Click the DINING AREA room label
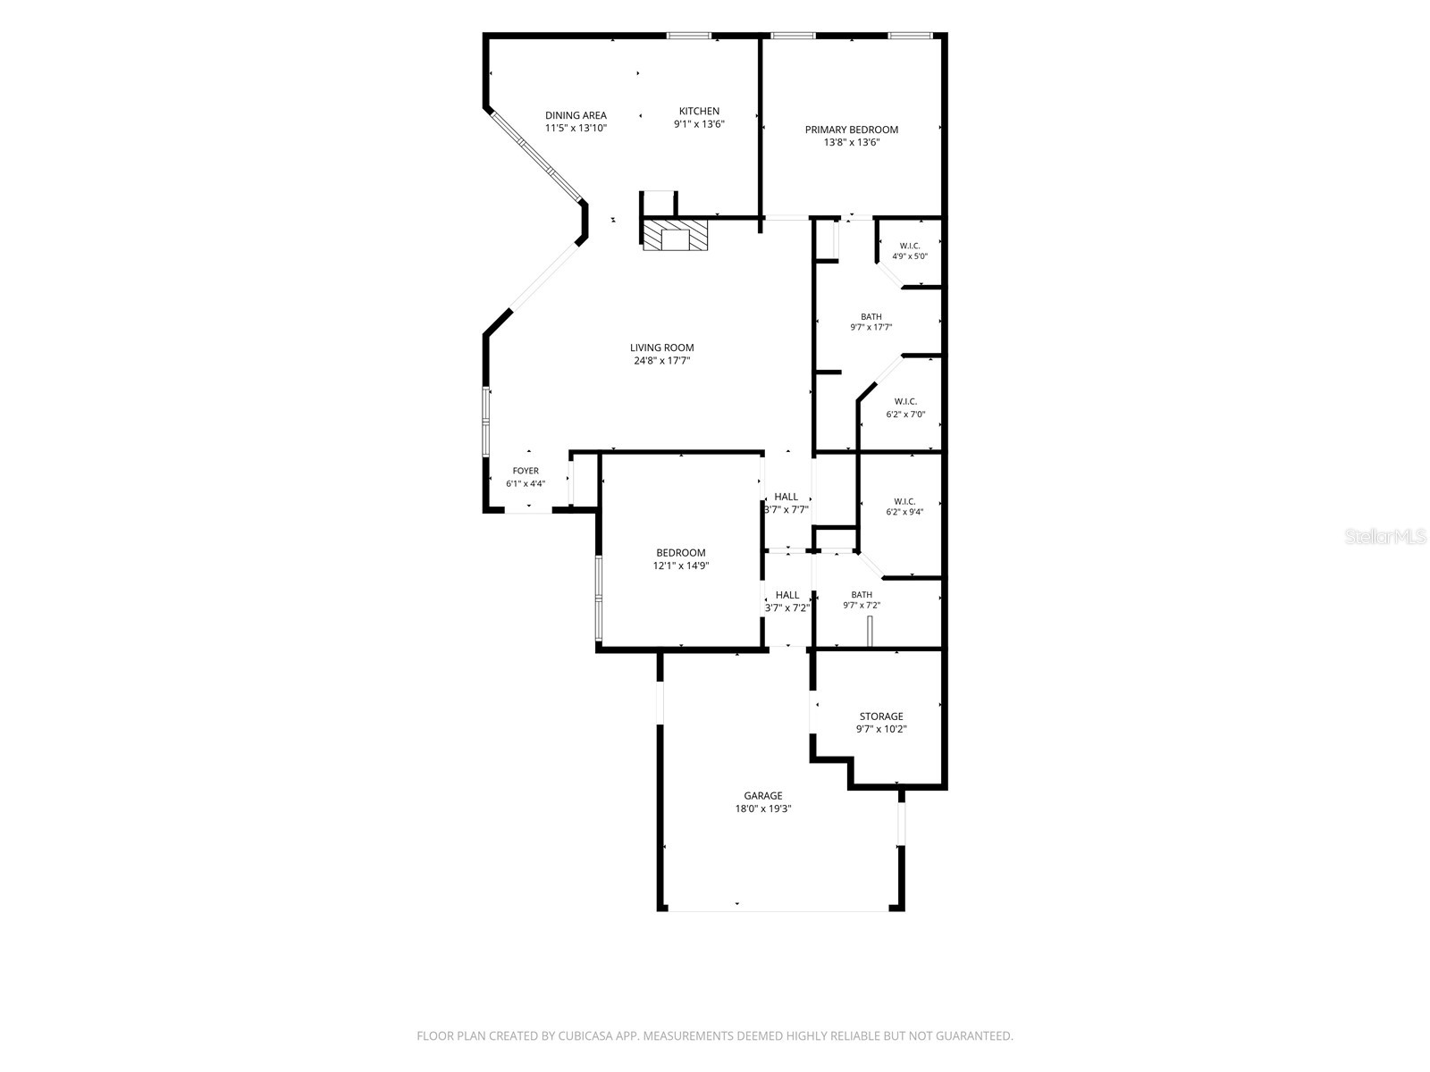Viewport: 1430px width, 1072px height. (x=576, y=115)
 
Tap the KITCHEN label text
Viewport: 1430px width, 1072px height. (x=699, y=111)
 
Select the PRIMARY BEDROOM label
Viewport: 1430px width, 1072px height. (x=851, y=130)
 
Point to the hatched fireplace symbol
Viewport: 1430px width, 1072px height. (x=674, y=234)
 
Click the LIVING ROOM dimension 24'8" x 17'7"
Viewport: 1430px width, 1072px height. (x=661, y=360)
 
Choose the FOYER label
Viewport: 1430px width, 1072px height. (x=526, y=471)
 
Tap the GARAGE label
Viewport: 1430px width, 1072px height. (x=763, y=795)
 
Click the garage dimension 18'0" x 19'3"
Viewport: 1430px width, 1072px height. (x=763, y=808)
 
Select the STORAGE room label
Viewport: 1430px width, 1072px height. (x=881, y=716)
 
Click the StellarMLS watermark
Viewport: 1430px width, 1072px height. (x=1384, y=536)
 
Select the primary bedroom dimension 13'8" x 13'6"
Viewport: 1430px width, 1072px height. (x=852, y=142)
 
